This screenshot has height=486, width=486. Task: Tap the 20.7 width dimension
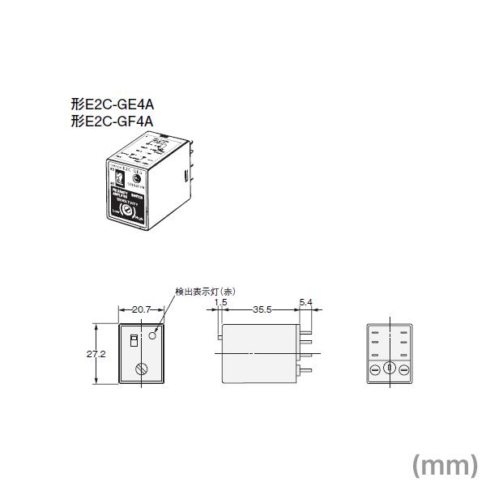click(143, 309)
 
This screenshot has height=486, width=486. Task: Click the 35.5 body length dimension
click(261, 309)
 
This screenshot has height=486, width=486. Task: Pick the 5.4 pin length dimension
click(305, 303)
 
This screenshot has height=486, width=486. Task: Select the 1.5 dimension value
click(220, 303)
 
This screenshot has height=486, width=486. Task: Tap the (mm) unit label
click(445, 464)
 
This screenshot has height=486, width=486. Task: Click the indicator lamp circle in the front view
click(153, 334)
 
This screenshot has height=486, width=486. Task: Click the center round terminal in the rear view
click(388, 369)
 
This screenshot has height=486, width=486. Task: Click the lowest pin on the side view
click(305, 370)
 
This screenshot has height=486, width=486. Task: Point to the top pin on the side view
click(305, 327)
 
